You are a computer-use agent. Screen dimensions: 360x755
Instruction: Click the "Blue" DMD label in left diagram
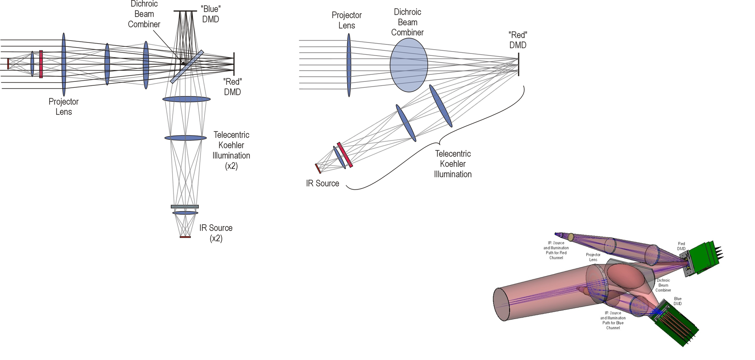point(210,14)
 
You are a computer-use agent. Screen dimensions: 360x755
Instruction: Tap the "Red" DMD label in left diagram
point(232,87)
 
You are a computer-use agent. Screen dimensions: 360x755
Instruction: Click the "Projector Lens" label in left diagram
point(64,107)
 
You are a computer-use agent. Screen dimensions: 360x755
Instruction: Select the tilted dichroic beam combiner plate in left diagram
point(187,66)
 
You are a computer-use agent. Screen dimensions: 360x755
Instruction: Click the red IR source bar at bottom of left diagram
point(185,237)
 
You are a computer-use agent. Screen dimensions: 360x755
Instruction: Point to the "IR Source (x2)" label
point(216,233)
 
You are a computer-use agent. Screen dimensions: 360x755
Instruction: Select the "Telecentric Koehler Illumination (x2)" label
point(231,150)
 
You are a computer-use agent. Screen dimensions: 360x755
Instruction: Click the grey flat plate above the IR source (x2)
point(185,207)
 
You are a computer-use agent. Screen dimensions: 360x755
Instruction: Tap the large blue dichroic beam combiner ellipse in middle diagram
point(409,65)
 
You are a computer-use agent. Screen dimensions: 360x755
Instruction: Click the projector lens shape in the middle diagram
point(349,65)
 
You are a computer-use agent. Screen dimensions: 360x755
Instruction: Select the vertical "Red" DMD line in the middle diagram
point(519,64)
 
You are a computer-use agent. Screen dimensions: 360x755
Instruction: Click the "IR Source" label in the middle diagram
point(322,183)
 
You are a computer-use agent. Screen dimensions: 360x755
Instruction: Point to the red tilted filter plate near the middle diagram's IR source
point(345,155)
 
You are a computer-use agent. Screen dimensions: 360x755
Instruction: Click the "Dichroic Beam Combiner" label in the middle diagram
point(407,22)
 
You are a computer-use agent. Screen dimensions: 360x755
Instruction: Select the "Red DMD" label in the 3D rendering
point(681,246)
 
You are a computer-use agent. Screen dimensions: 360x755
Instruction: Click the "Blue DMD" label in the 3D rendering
point(678,301)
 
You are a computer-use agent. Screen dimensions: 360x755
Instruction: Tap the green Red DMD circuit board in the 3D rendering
point(704,258)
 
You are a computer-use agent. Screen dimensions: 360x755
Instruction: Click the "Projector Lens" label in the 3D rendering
point(593,257)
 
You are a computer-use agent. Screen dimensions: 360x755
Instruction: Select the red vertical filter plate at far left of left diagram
point(41,64)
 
